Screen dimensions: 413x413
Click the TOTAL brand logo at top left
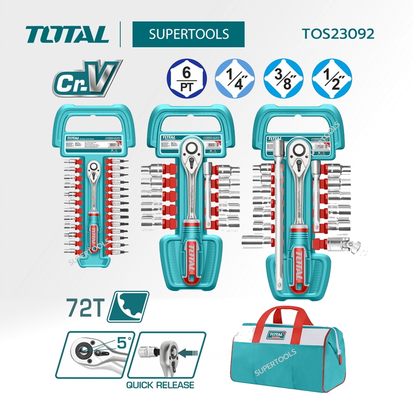68,35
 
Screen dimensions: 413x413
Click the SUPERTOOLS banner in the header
188,34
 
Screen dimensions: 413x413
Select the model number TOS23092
338,34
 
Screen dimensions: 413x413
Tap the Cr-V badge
86,79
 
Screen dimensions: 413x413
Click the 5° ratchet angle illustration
95,355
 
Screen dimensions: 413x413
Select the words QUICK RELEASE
160,385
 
